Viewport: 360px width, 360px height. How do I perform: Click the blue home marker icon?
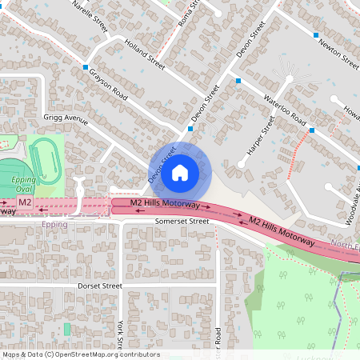coord(180,172)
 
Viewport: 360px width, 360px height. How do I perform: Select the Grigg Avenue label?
coord(65,118)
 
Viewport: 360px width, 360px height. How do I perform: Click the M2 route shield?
coord(26,202)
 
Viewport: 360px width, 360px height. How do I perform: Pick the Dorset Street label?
coord(99,286)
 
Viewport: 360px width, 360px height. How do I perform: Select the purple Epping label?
coord(54,225)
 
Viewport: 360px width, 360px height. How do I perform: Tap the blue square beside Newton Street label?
coord(318,35)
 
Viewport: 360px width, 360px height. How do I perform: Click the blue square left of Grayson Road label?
coord(85,68)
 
